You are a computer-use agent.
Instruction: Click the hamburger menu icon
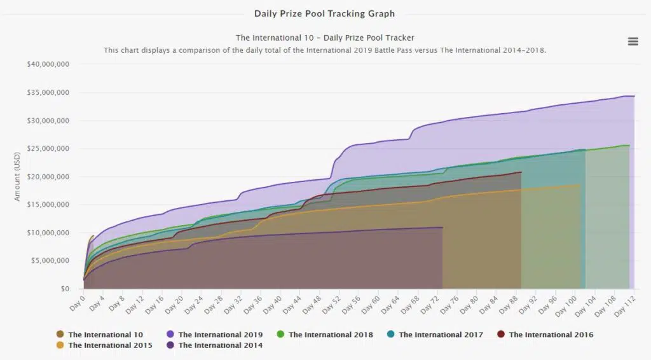tap(633, 41)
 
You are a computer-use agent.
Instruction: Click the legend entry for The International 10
tap(100, 335)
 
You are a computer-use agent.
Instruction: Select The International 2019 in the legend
tap(215, 335)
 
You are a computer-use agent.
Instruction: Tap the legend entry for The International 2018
tap(325, 335)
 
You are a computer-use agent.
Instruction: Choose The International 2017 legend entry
tap(435, 335)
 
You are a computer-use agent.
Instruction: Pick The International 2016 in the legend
tap(545, 335)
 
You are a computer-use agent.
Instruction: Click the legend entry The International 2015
tap(104, 345)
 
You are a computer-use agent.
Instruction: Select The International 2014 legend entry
tap(215, 345)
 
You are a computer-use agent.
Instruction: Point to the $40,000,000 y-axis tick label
tap(48, 64)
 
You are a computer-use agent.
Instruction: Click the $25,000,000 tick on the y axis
tap(48, 149)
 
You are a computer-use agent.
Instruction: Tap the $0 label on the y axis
tap(65, 289)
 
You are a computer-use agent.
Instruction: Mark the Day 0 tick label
tap(77, 303)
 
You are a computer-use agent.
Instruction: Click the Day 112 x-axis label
tap(625, 307)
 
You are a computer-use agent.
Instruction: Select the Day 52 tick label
tap(331, 305)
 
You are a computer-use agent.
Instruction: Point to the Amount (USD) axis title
tap(17, 176)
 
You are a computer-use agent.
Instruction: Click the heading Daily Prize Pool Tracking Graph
tap(324, 14)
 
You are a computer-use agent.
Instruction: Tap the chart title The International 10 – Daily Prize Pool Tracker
tap(325, 38)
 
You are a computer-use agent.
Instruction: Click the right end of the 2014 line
tap(442, 227)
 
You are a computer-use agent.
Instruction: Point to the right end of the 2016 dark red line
tap(521, 172)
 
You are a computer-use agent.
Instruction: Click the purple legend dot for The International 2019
tap(170, 335)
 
